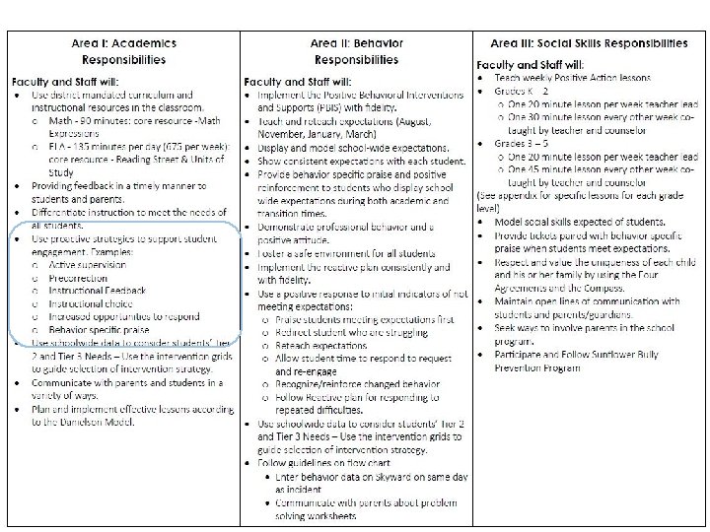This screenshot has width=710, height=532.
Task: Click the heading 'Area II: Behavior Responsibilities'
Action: tap(354, 50)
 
